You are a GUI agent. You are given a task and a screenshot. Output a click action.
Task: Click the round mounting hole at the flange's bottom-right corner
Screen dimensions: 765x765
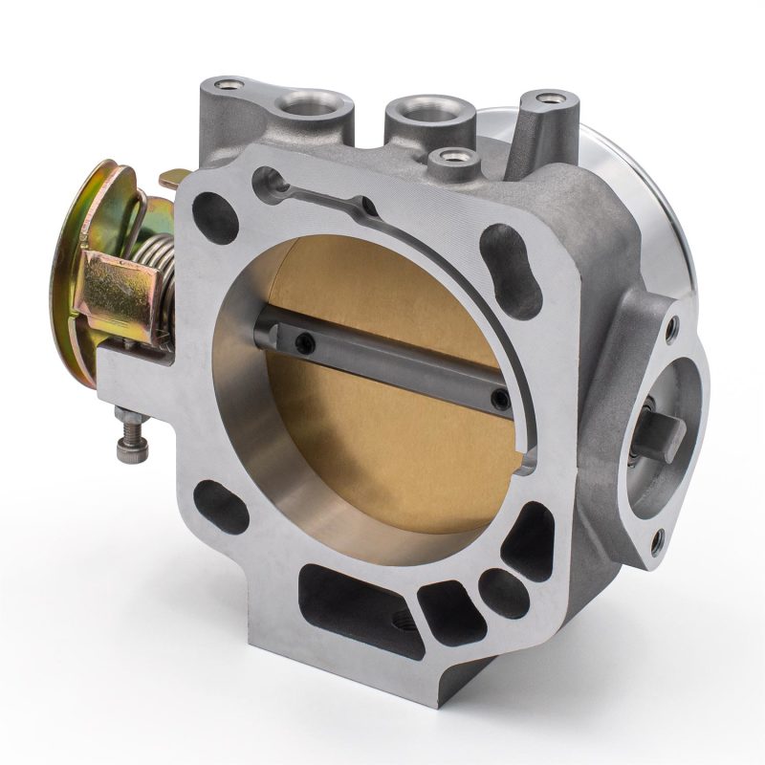(x=494, y=579)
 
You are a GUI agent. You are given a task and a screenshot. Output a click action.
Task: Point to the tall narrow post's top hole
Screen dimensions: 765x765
(x=548, y=98)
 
